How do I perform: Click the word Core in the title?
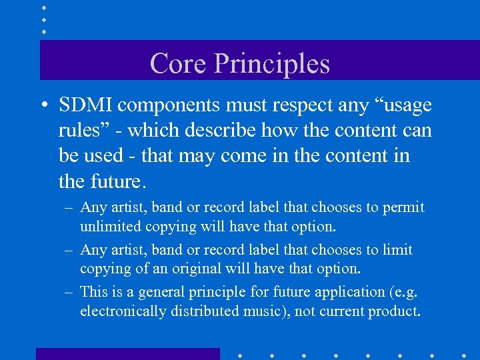(x=177, y=63)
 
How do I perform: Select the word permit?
(x=404, y=207)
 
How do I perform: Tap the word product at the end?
(x=397, y=311)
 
